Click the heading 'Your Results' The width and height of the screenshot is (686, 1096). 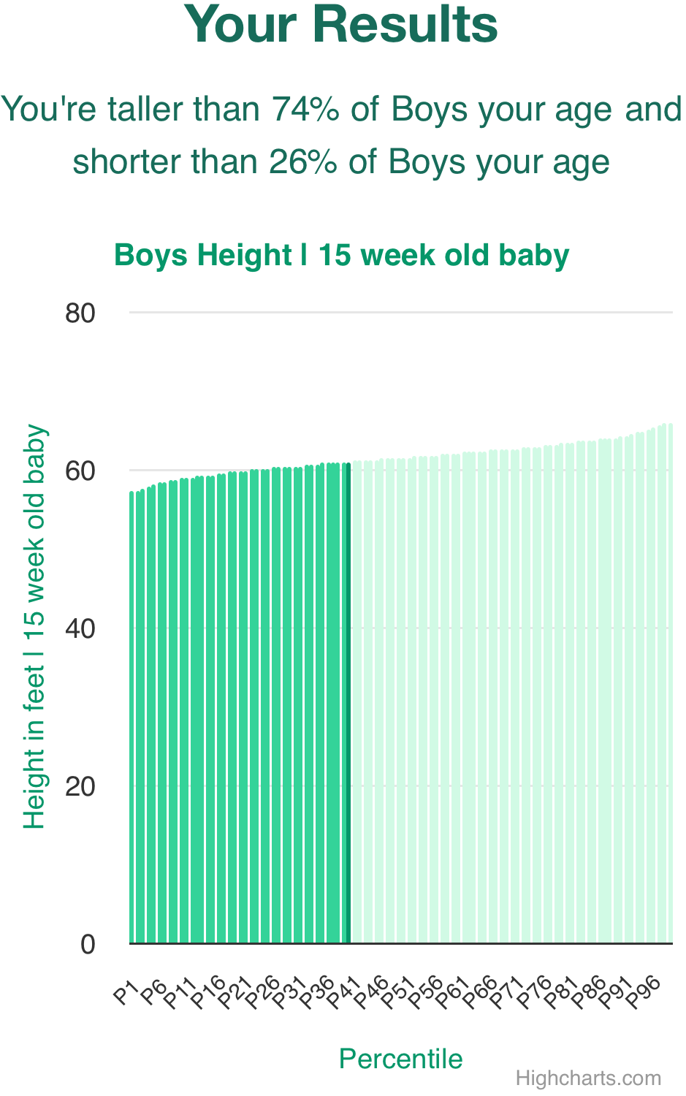(x=340, y=25)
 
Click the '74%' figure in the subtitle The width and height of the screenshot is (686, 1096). (x=305, y=110)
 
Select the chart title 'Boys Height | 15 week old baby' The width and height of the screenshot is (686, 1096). (x=341, y=256)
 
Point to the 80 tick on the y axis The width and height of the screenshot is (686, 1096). (x=80, y=313)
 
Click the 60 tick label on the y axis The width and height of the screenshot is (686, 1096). (x=80, y=471)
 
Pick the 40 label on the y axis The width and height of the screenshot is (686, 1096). (x=80, y=629)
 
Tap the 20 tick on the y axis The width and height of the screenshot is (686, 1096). (x=80, y=787)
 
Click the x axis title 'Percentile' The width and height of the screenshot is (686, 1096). (x=400, y=1059)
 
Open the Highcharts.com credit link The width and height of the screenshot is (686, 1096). (x=588, y=1078)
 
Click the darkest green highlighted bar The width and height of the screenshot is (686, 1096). (x=348, y=701)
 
